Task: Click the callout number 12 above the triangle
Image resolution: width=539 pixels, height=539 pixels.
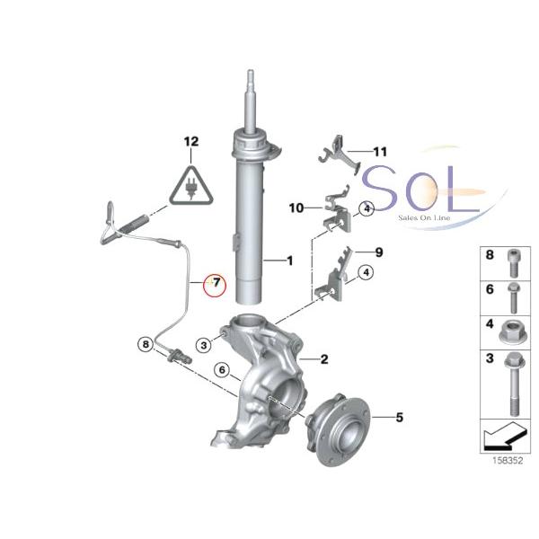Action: pyautogui.click(x=190, y=142)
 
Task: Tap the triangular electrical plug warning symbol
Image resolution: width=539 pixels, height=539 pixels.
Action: pyautogui.click(x=190, y=186)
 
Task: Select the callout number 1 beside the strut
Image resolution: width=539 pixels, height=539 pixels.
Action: pyautogui.click(x=289, y=261)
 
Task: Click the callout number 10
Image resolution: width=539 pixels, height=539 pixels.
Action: pyautogui.click(x=297, y=208)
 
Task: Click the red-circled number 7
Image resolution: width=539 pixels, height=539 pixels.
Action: pyautogui.click(x=216, y=285)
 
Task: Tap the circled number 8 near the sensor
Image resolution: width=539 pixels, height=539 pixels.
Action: pyautogui.click(x=145, y=343)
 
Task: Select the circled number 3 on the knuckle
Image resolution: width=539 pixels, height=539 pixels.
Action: pyautogui.click(x=205, y=343)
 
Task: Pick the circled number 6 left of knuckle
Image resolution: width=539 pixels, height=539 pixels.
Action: pyautogui.click(x=220, y=369)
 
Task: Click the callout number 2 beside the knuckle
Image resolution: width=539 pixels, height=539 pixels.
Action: pyautogui.click(x=324, y=359)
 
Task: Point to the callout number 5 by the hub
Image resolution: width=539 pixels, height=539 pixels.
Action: pyautogui.click(x=401, y=417)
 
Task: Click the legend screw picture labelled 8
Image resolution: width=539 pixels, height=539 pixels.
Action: pyautogui.click(x=509, y=257)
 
